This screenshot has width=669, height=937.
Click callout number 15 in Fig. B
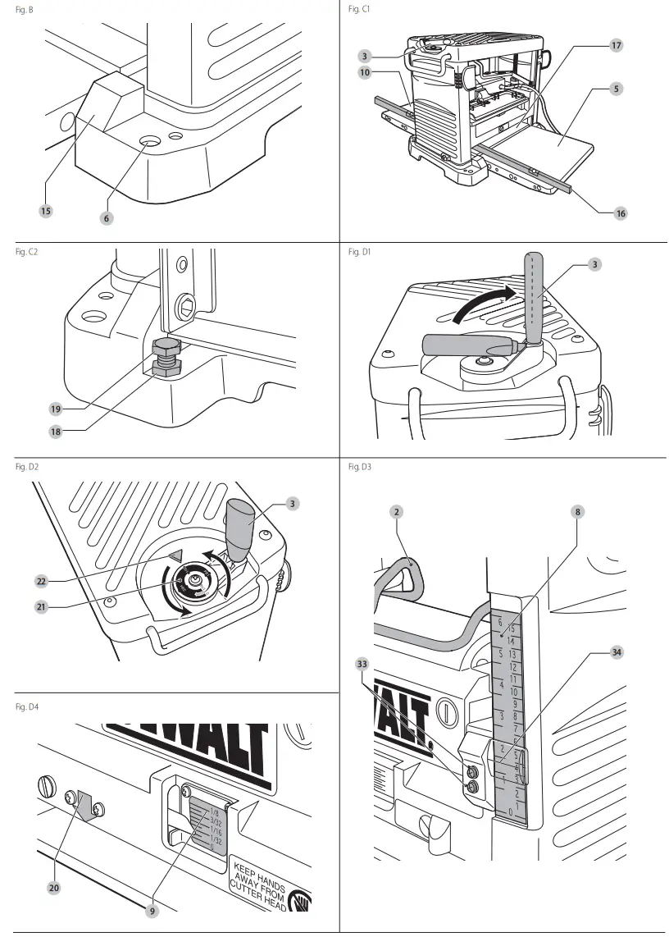[46, 211]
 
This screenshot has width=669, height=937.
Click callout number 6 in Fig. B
[107, 217]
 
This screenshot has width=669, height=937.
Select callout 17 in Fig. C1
[616, 47]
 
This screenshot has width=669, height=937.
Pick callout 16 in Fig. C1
[620, 213]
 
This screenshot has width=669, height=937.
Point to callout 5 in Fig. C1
[616, 87]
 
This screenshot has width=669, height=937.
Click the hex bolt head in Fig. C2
[166, 345]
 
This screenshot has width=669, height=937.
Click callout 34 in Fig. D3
[616, 652]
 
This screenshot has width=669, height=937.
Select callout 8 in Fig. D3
[577, 511]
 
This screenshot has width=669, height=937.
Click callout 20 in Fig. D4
[54, 887]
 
